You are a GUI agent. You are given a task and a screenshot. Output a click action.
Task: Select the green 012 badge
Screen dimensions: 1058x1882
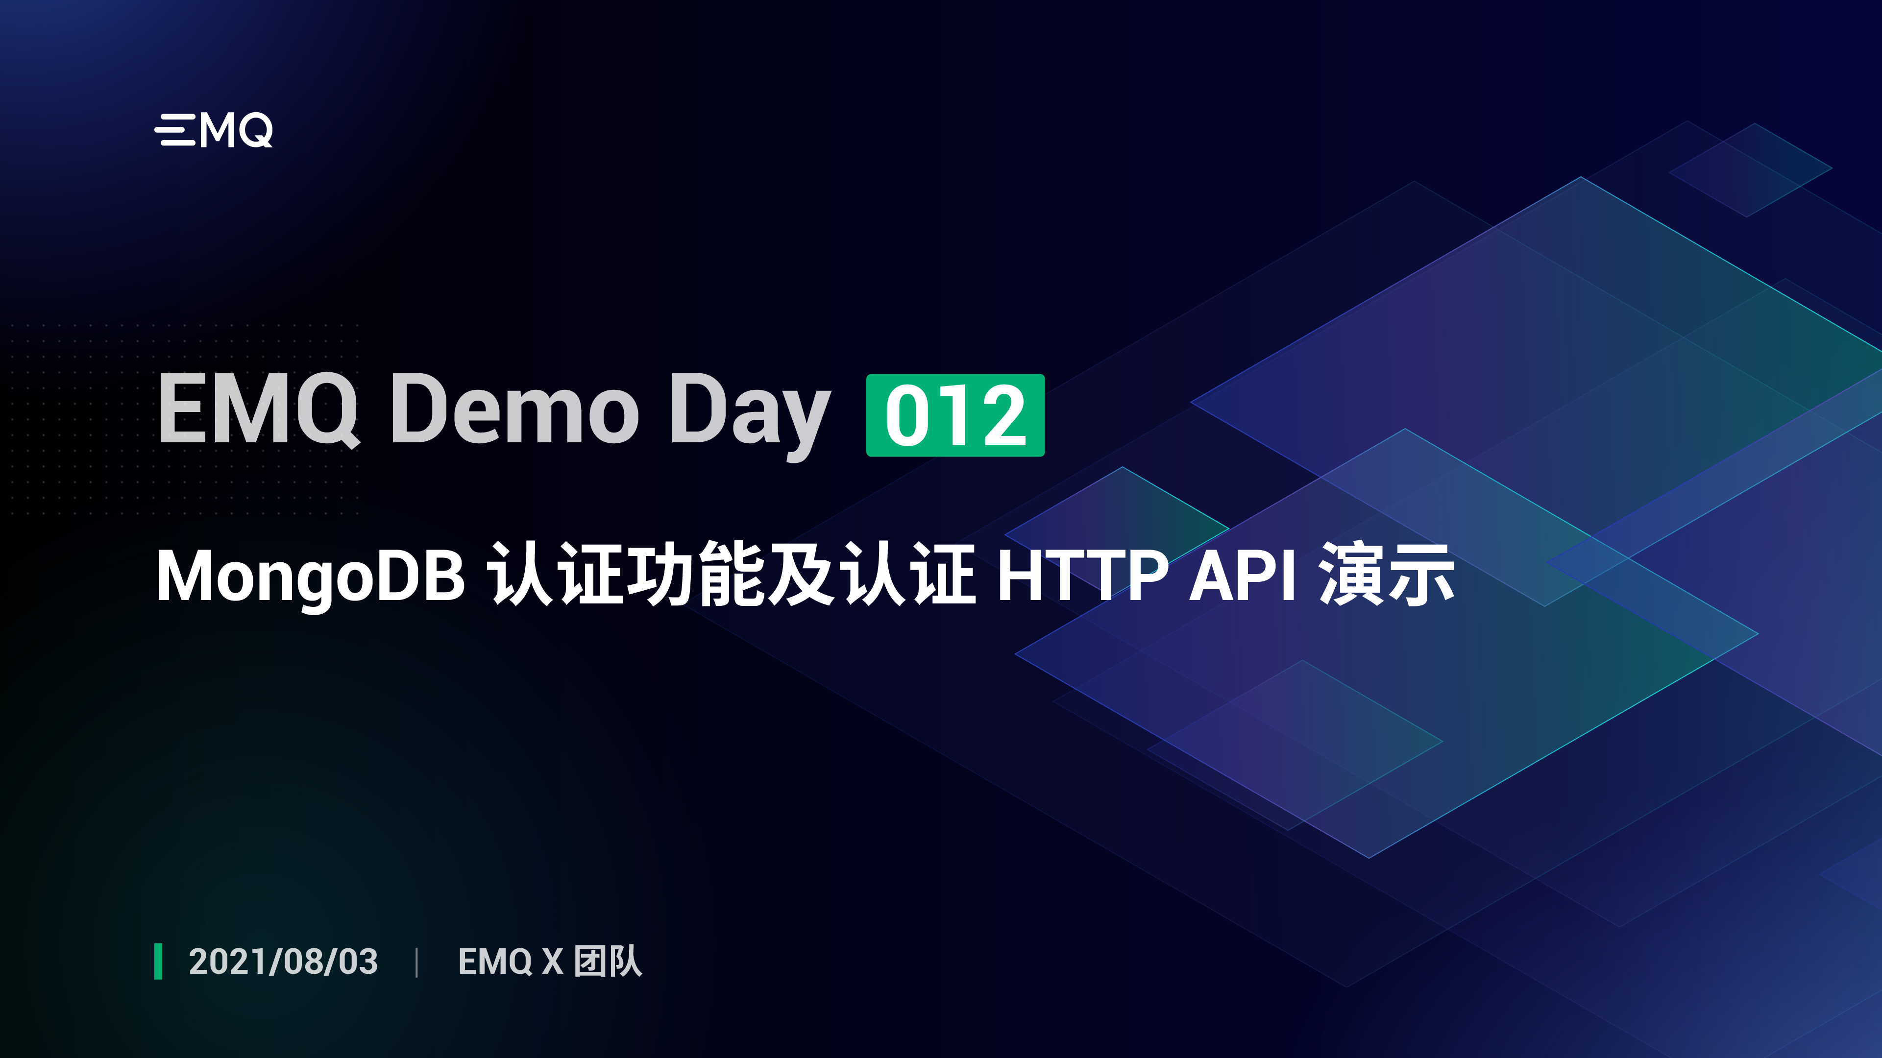[x=955, y=415]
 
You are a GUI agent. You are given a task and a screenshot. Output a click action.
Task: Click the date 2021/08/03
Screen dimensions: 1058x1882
[x=284, y=962]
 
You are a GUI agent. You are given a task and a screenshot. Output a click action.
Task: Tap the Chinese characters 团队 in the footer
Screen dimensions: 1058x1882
[x=608, y=961]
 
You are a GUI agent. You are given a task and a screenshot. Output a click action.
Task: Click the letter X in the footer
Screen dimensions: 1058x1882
[x=552, y=962]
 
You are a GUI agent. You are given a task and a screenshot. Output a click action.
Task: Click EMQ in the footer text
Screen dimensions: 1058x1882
[x=494, y=962]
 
